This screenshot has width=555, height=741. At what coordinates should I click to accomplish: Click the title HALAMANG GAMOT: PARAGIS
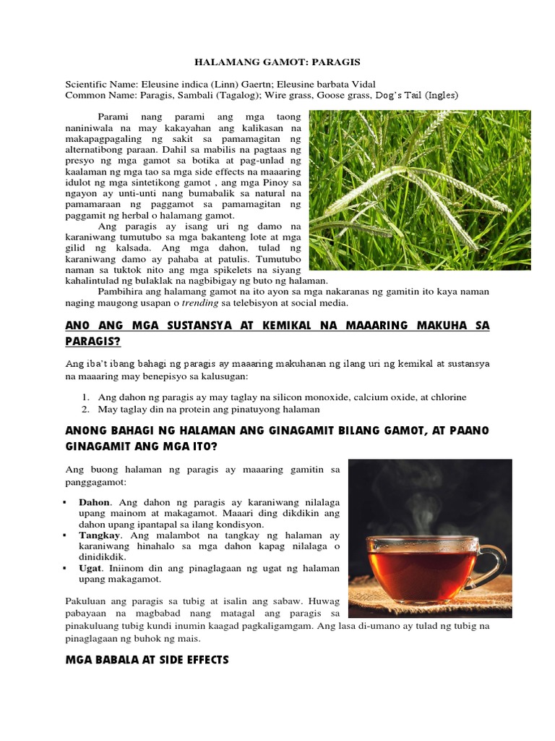[x=277, y=63]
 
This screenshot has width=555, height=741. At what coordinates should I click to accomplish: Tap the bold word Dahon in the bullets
[x=94, y=501]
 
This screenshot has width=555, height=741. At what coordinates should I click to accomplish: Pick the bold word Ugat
[x=90, y=568]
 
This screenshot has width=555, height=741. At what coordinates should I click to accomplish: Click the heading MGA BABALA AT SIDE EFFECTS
[x=147, y=659]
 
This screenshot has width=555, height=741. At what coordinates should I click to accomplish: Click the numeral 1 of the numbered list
[x=85, y=397]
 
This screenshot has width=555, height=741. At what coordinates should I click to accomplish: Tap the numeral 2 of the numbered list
[x=85, y=408]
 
